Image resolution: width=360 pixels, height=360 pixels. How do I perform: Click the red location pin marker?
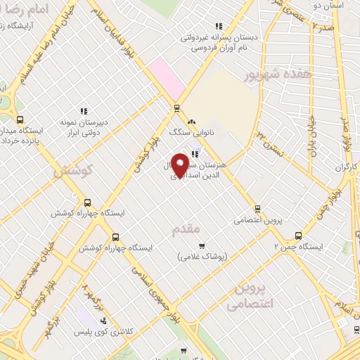click(x=181, y=165)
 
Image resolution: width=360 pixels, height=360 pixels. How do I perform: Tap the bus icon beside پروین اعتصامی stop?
click(x=257, y=208)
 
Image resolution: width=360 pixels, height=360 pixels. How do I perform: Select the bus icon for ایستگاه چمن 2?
click(x=298, y=236)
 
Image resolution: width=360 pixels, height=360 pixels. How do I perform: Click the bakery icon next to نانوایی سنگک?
click(x=192, y=123)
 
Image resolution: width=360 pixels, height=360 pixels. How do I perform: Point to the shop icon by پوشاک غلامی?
click(x=202, y=246)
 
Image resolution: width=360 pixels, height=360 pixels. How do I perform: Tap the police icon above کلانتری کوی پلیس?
click(x=104, y=321)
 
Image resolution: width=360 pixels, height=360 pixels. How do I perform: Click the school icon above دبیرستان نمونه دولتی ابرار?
click(x=84, y=110)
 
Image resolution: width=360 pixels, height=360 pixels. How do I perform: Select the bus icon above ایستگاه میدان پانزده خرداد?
click(x=20, y=120)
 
